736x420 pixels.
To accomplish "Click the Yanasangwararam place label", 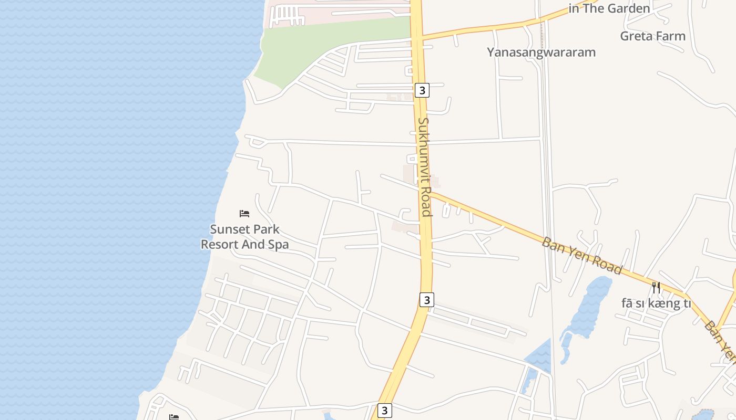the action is (541, 52).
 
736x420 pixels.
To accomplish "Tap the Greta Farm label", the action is (652, 36).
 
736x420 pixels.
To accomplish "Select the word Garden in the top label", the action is (629, 8).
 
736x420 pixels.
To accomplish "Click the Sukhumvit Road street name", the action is (425, 166).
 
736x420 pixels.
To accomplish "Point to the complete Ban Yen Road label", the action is (582, 256).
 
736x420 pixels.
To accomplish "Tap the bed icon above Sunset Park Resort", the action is (244, 214).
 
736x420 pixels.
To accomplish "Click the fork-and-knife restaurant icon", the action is (656, 287).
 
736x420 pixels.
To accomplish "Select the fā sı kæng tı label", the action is (656, 303).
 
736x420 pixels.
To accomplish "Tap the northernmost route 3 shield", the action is (422, 90).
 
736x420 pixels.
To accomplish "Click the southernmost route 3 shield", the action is (385, 410).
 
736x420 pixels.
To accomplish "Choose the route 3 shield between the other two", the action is (427, 300).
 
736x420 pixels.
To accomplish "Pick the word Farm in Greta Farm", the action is (670, 36).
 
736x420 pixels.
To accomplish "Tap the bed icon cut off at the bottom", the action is (174, 417).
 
